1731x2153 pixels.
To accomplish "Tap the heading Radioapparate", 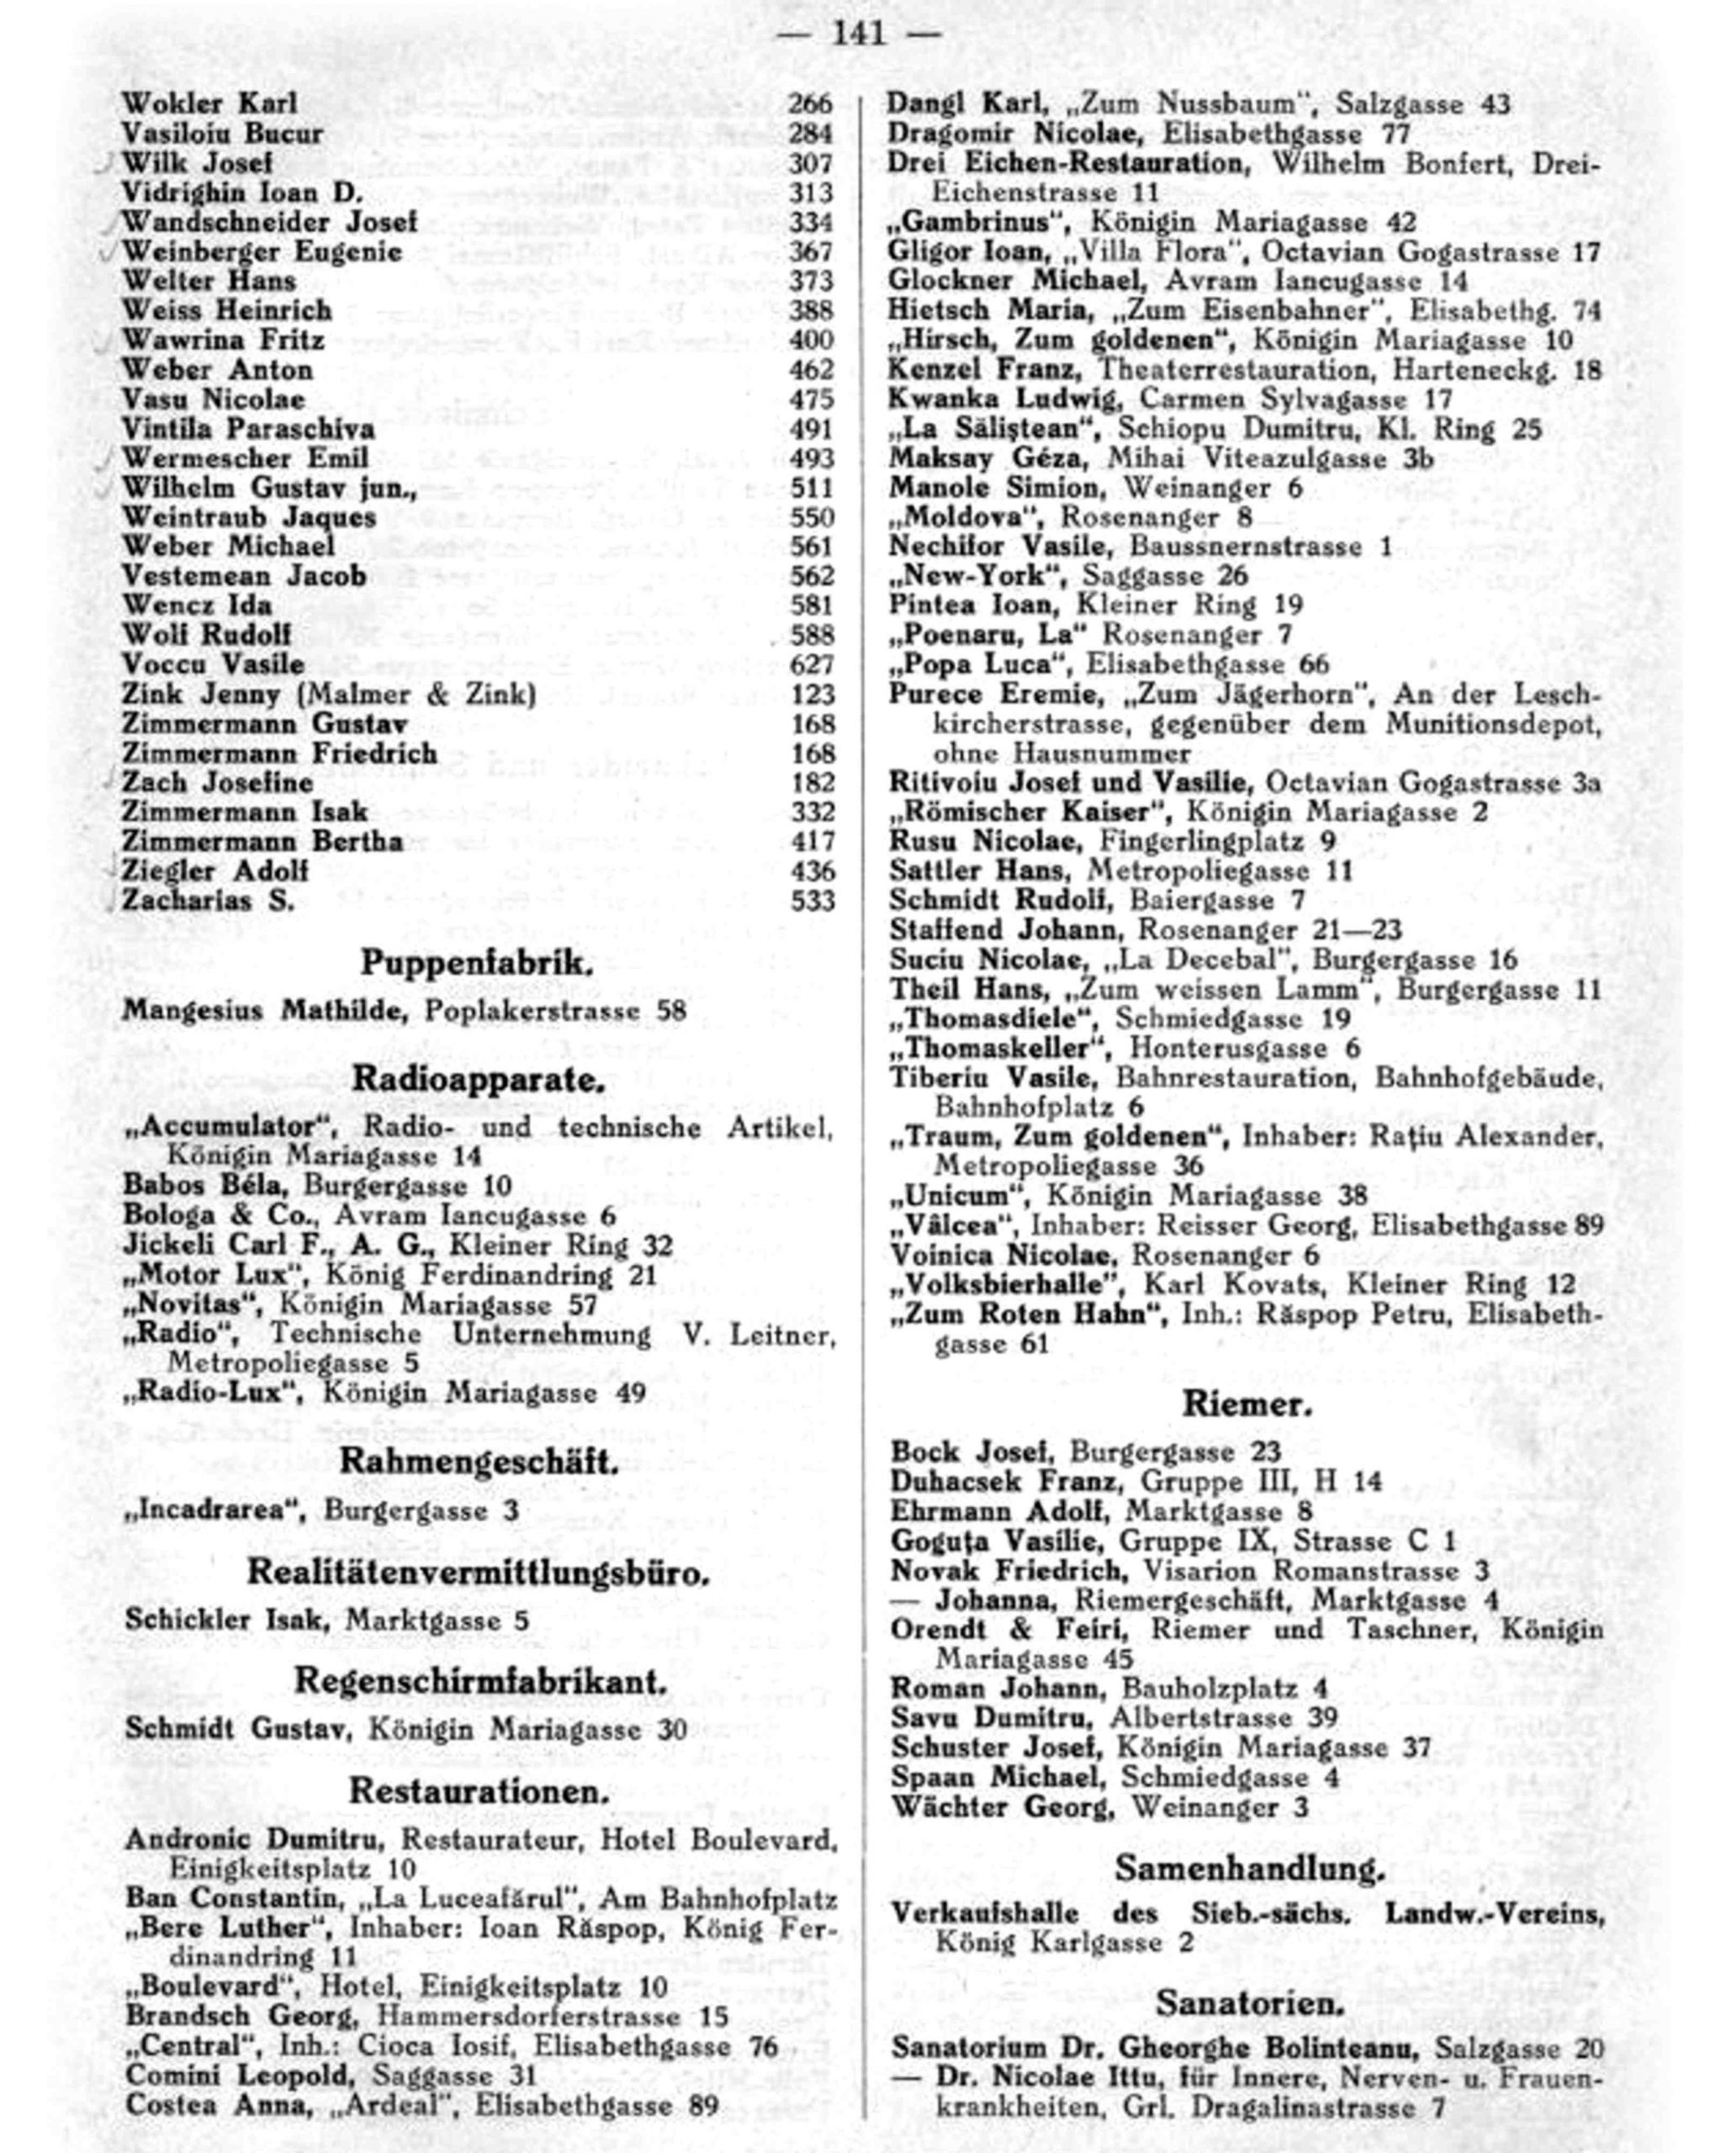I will tap(479, 1080).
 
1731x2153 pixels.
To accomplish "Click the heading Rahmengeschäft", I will tap(479, 1461).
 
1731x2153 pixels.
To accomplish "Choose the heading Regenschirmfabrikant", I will tap(479, 1682).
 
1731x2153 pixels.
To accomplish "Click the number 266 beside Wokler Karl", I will tap(810, 103).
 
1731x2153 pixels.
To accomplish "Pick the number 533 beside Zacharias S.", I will tap(812, 901).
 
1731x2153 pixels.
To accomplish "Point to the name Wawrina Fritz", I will tap(223, 341).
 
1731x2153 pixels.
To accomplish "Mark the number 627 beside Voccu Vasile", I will tap(810, 664).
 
